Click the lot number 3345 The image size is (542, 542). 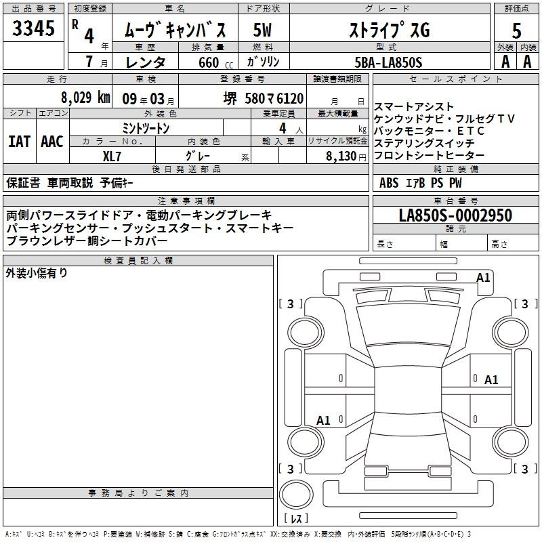coord(33,29)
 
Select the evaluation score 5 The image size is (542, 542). coord(516,30)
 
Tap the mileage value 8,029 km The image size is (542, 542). coord(85,98)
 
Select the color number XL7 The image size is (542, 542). coord(112,155)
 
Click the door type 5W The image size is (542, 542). coord(263,30)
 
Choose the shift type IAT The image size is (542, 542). coord(19,141)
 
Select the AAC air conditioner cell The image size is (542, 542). coord(51,141)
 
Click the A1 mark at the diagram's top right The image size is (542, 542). coord(483,277)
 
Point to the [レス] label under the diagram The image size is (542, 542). coord(296,519)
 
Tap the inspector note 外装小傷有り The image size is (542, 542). coord(37,273)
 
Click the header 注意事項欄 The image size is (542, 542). coord(186,201)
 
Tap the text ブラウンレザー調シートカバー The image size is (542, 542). coord(87,241)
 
